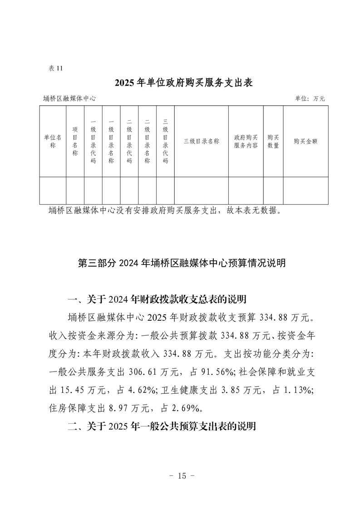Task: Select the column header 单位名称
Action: [53, 141]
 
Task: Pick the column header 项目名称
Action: [75, 141]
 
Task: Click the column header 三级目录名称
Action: [201, 141]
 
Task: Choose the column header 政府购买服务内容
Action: [246, 141]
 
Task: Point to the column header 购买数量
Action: [273, 141]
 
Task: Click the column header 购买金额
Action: [306, 141]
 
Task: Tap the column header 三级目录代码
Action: [165, 141]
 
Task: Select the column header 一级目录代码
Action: [93, 141]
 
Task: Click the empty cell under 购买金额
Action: [306, 191]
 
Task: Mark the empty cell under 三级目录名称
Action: [201, 191]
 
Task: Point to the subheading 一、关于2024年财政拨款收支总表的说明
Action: [157, 299]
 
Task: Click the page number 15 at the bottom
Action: [182, 476]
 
